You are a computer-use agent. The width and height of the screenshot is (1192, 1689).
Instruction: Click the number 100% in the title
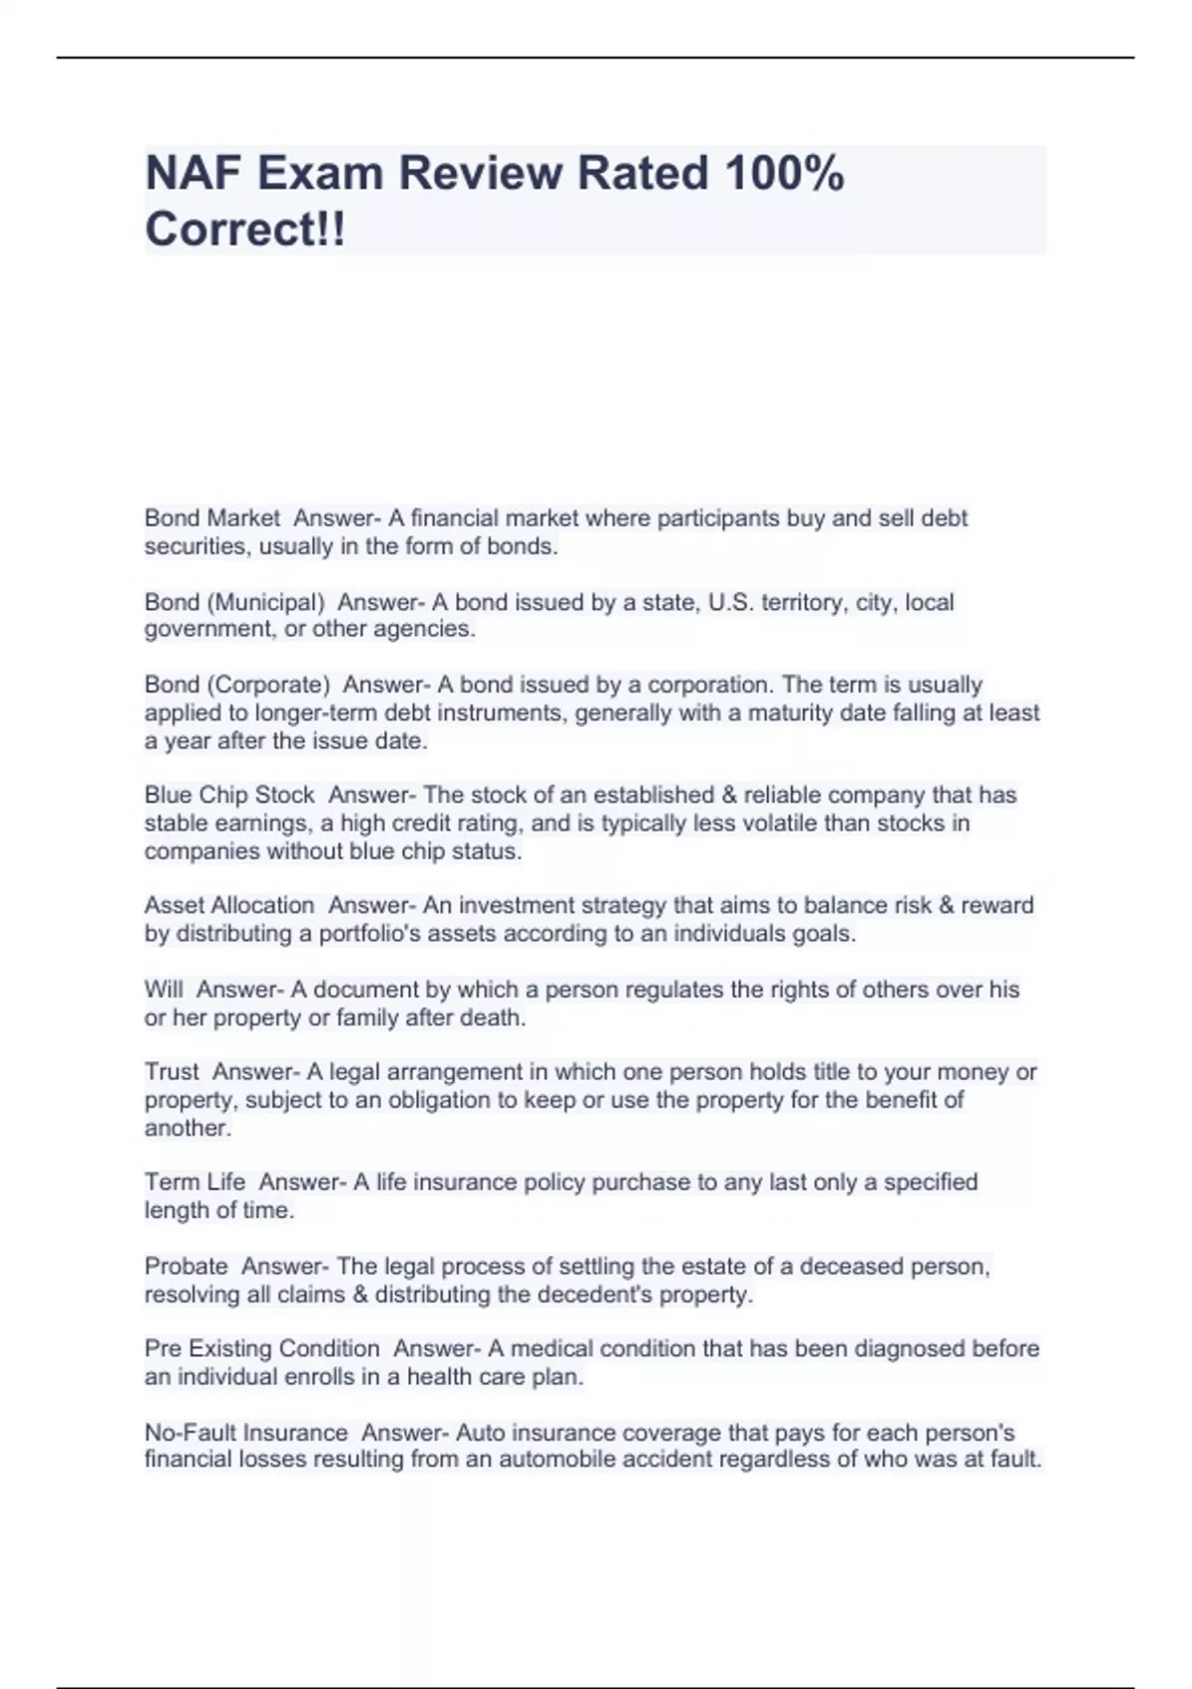point(785,174)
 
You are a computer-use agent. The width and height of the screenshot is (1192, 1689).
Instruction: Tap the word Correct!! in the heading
point(245,230)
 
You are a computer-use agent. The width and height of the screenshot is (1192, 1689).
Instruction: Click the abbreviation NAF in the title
point(194,174)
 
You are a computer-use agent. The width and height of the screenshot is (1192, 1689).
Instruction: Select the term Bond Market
point(213,518)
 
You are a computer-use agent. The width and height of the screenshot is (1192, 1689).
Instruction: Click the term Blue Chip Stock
point(229,795)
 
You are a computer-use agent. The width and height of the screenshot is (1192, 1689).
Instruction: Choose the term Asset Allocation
point(229,905)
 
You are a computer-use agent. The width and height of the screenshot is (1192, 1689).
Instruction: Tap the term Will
point(164,990)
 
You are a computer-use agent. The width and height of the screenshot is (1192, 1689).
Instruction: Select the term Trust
point(172,1072)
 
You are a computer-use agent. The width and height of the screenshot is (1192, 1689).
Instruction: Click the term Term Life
point(195,1182)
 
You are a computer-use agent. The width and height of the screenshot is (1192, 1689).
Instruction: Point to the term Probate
point(186,1267)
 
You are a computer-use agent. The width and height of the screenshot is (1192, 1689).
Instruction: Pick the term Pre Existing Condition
point(262,1349)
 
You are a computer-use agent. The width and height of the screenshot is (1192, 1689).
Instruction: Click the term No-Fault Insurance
point(246,1433)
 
